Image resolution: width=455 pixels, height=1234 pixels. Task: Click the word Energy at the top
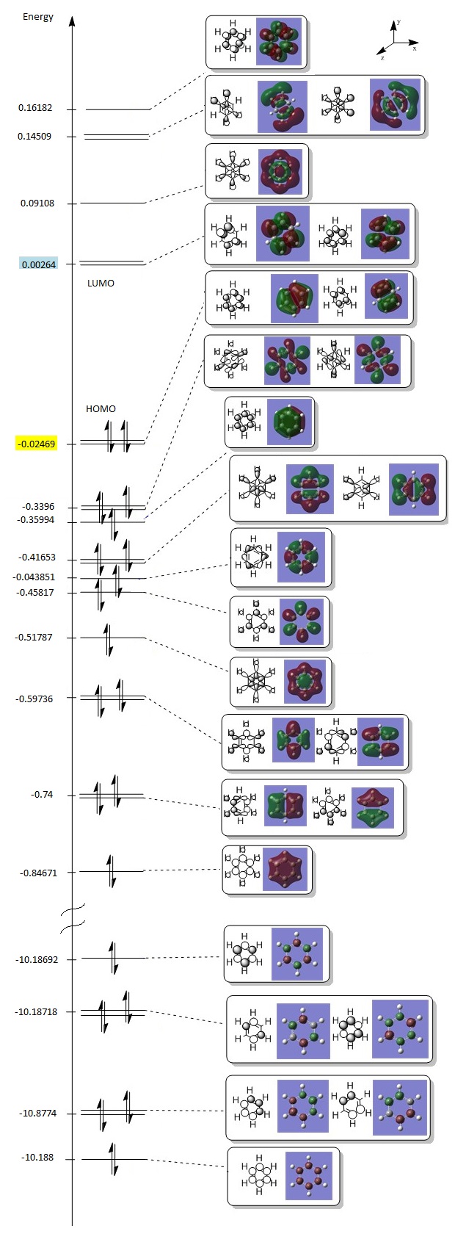click(38, 17)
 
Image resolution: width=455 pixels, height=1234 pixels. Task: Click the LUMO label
click(101, 283)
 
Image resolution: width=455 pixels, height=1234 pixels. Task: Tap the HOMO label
click(101, 408)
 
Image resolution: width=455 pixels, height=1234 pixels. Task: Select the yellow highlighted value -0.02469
click(37, 444)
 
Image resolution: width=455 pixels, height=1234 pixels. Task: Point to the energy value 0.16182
click(35, 108)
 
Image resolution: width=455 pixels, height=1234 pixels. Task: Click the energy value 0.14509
click(35, 136)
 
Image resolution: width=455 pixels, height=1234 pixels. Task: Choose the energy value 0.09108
click(37, 203)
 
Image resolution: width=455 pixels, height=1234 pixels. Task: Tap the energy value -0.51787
click(34, 637)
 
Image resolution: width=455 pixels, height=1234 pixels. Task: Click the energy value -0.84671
click(38, 873)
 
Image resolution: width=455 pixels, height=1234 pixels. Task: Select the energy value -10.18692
click(36, 959)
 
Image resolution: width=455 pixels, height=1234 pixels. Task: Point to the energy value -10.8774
click(37, 1114)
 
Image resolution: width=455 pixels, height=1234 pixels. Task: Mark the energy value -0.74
click(42, 795)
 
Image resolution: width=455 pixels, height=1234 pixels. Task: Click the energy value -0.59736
click(34, 699)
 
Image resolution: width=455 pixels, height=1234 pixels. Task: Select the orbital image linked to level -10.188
click(308, 1175)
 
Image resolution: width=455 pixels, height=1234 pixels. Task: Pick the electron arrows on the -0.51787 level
click(109, 639)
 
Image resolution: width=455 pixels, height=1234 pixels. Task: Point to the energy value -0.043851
click(34, 577)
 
